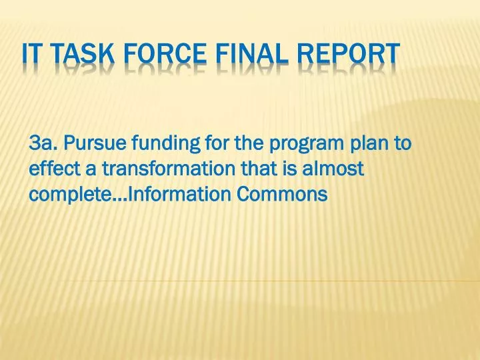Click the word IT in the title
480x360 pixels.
coord(31,54)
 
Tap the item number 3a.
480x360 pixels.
coord(45,143)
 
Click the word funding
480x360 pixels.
coord(163,144)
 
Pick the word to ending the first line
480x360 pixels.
coord(403,143)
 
